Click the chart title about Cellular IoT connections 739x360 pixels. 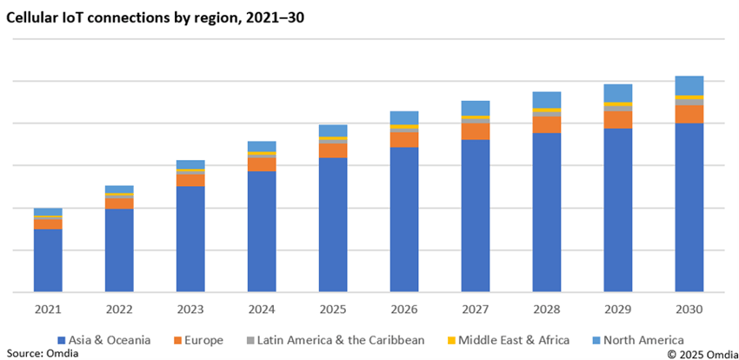156,17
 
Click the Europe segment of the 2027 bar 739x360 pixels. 476,130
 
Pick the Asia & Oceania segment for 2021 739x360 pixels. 48,260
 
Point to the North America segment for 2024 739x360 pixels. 262,146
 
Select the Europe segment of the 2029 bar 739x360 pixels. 618,119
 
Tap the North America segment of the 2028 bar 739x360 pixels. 547,99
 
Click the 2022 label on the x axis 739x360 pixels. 119,310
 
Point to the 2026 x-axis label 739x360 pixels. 404,310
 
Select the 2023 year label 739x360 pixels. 190,310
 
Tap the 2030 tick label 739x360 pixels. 689,310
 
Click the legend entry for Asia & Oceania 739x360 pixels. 103,340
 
